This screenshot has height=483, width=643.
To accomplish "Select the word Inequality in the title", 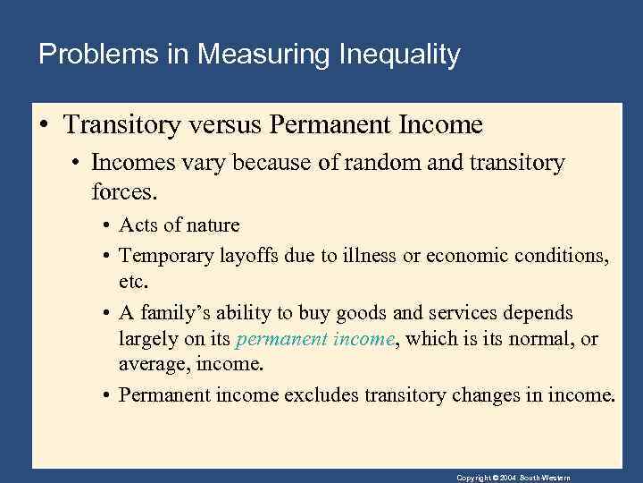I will point(399,55).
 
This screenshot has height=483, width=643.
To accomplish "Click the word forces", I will point(122,190).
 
